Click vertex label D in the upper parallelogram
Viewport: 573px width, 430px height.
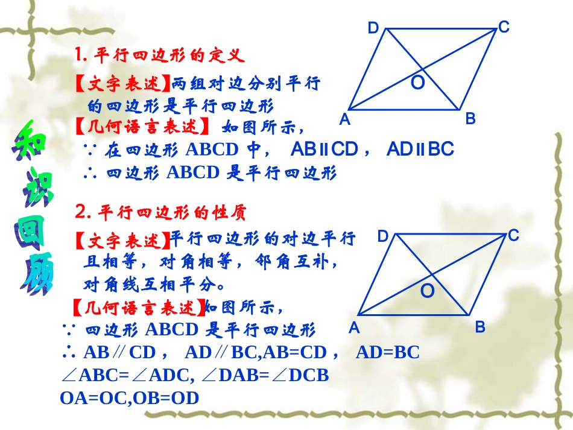[373, 28]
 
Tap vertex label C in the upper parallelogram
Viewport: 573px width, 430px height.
[504, 27]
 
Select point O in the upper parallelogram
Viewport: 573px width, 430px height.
[417, 83]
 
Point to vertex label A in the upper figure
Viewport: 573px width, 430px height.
[344, 119]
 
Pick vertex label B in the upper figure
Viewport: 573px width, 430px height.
[470, 119]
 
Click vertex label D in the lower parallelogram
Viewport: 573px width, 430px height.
[383, 236]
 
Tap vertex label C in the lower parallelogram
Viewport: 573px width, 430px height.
[514, 236]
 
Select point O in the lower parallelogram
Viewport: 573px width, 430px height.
[427, 292]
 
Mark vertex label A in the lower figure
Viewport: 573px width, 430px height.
[354, 328]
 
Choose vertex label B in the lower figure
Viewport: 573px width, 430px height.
[480, 327]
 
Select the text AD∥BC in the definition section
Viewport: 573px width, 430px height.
[420, 149]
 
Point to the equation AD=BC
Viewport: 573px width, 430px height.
[387, 352]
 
